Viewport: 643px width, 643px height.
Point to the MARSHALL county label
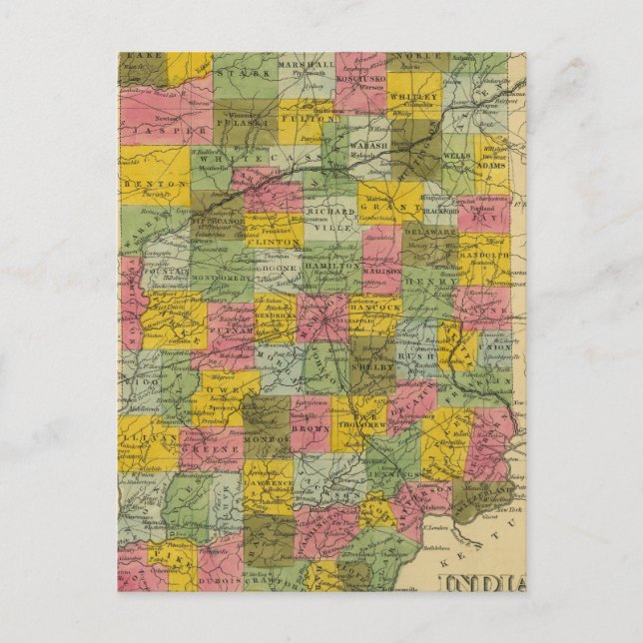point(307,65)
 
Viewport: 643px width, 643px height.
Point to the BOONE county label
point(280,268)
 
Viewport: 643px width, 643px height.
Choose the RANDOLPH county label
point(485,255)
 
